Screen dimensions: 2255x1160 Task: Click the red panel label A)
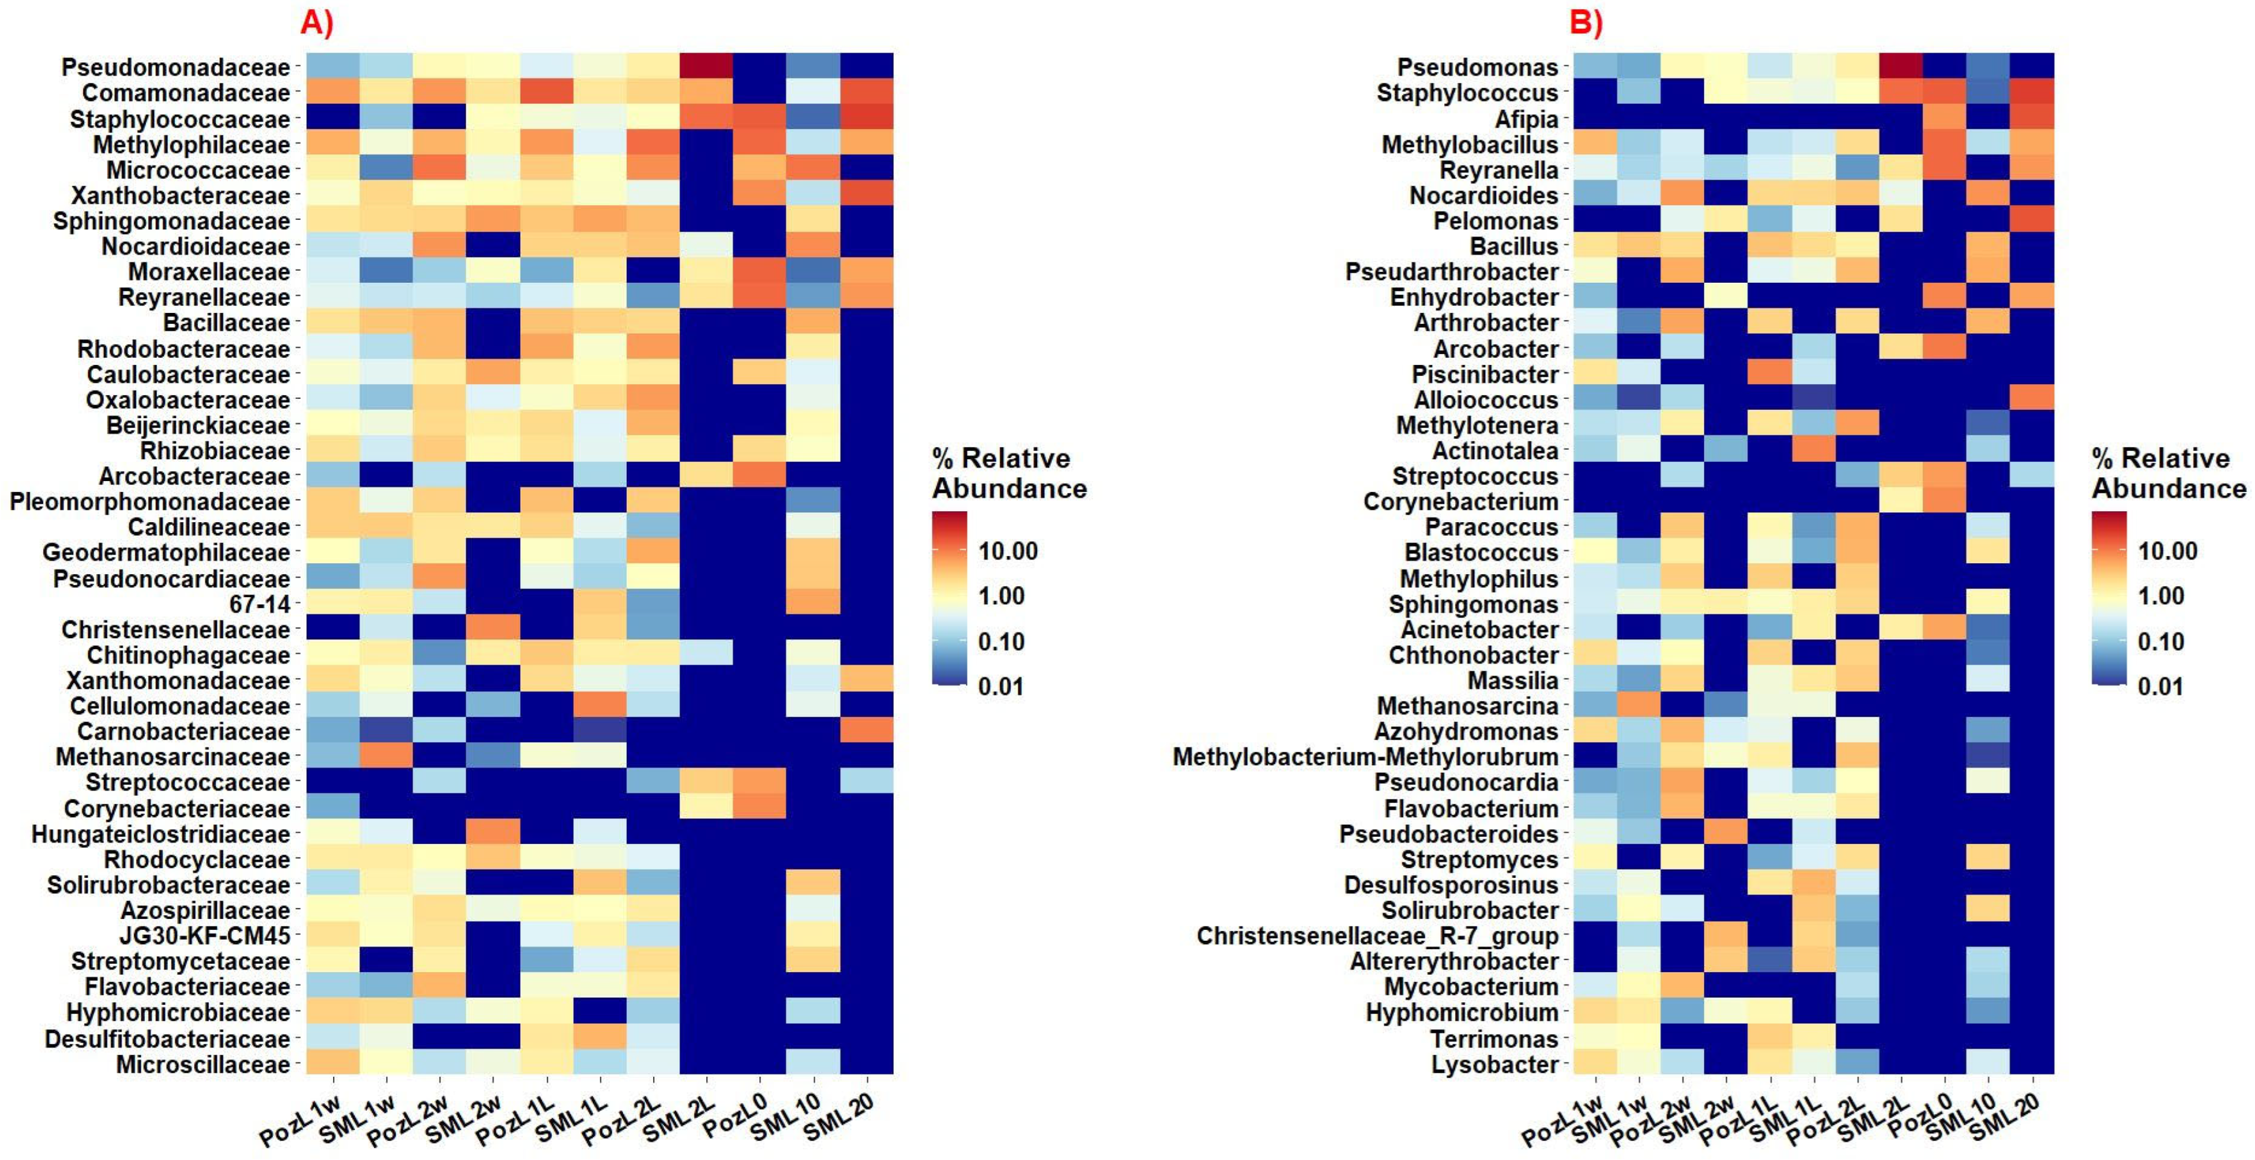(317, 23)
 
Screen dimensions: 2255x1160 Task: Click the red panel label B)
(1586, 23)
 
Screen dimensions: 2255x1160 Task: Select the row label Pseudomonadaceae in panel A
(175, 67)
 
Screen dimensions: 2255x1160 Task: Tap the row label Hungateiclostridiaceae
(160, 835)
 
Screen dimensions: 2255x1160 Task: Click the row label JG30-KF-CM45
(205, 936)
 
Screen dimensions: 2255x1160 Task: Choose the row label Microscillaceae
(203, 1065)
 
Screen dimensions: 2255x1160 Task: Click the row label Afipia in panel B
(1527, 119)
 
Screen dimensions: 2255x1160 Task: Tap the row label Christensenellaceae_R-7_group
(1378, 936)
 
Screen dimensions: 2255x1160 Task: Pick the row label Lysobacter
(1495, 1065)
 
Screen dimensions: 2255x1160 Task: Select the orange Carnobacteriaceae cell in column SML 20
(867, 730)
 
